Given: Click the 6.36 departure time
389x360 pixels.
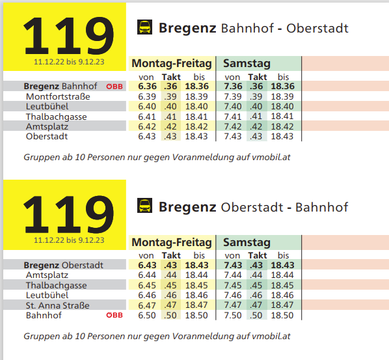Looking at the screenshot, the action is [x=148, y=86].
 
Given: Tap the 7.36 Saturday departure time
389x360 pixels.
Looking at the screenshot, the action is [x=233, y=86].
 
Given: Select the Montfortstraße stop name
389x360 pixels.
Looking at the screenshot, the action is [x=58, y=96].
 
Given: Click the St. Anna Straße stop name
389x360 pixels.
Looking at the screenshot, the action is [x=57, y=305].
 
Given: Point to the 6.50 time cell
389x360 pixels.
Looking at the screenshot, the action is [x=147, y=315].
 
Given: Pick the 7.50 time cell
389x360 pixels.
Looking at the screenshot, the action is [x=233, y=315].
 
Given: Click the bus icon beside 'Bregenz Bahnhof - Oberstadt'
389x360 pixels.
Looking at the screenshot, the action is [x=144, y=27].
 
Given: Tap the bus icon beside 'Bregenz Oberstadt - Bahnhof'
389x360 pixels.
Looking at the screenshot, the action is [x=144, y=206].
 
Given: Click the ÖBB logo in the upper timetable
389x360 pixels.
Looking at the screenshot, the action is [x=114, y=87].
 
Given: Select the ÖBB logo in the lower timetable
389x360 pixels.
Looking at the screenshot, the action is [x=114, y=315].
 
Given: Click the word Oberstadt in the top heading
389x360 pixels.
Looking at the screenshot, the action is [x=317, y=28].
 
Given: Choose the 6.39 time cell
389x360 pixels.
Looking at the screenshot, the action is [x=147, y=96].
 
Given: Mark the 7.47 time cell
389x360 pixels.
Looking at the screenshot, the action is [x=233, y=305].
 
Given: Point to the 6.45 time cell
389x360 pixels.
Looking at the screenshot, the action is [x=147, y=285].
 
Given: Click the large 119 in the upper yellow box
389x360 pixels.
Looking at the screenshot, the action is [x=69, y=36].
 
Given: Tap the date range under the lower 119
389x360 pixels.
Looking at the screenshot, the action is [x=69, y=240].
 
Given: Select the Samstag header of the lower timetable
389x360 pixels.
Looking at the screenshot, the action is [x=247, y=242].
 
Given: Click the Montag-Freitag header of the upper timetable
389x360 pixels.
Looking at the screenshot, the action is [x=172, y=63].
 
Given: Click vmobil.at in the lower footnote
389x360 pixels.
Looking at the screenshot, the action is [x=271, y=336].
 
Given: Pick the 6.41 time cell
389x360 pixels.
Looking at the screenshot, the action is [x=147, y=117].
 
